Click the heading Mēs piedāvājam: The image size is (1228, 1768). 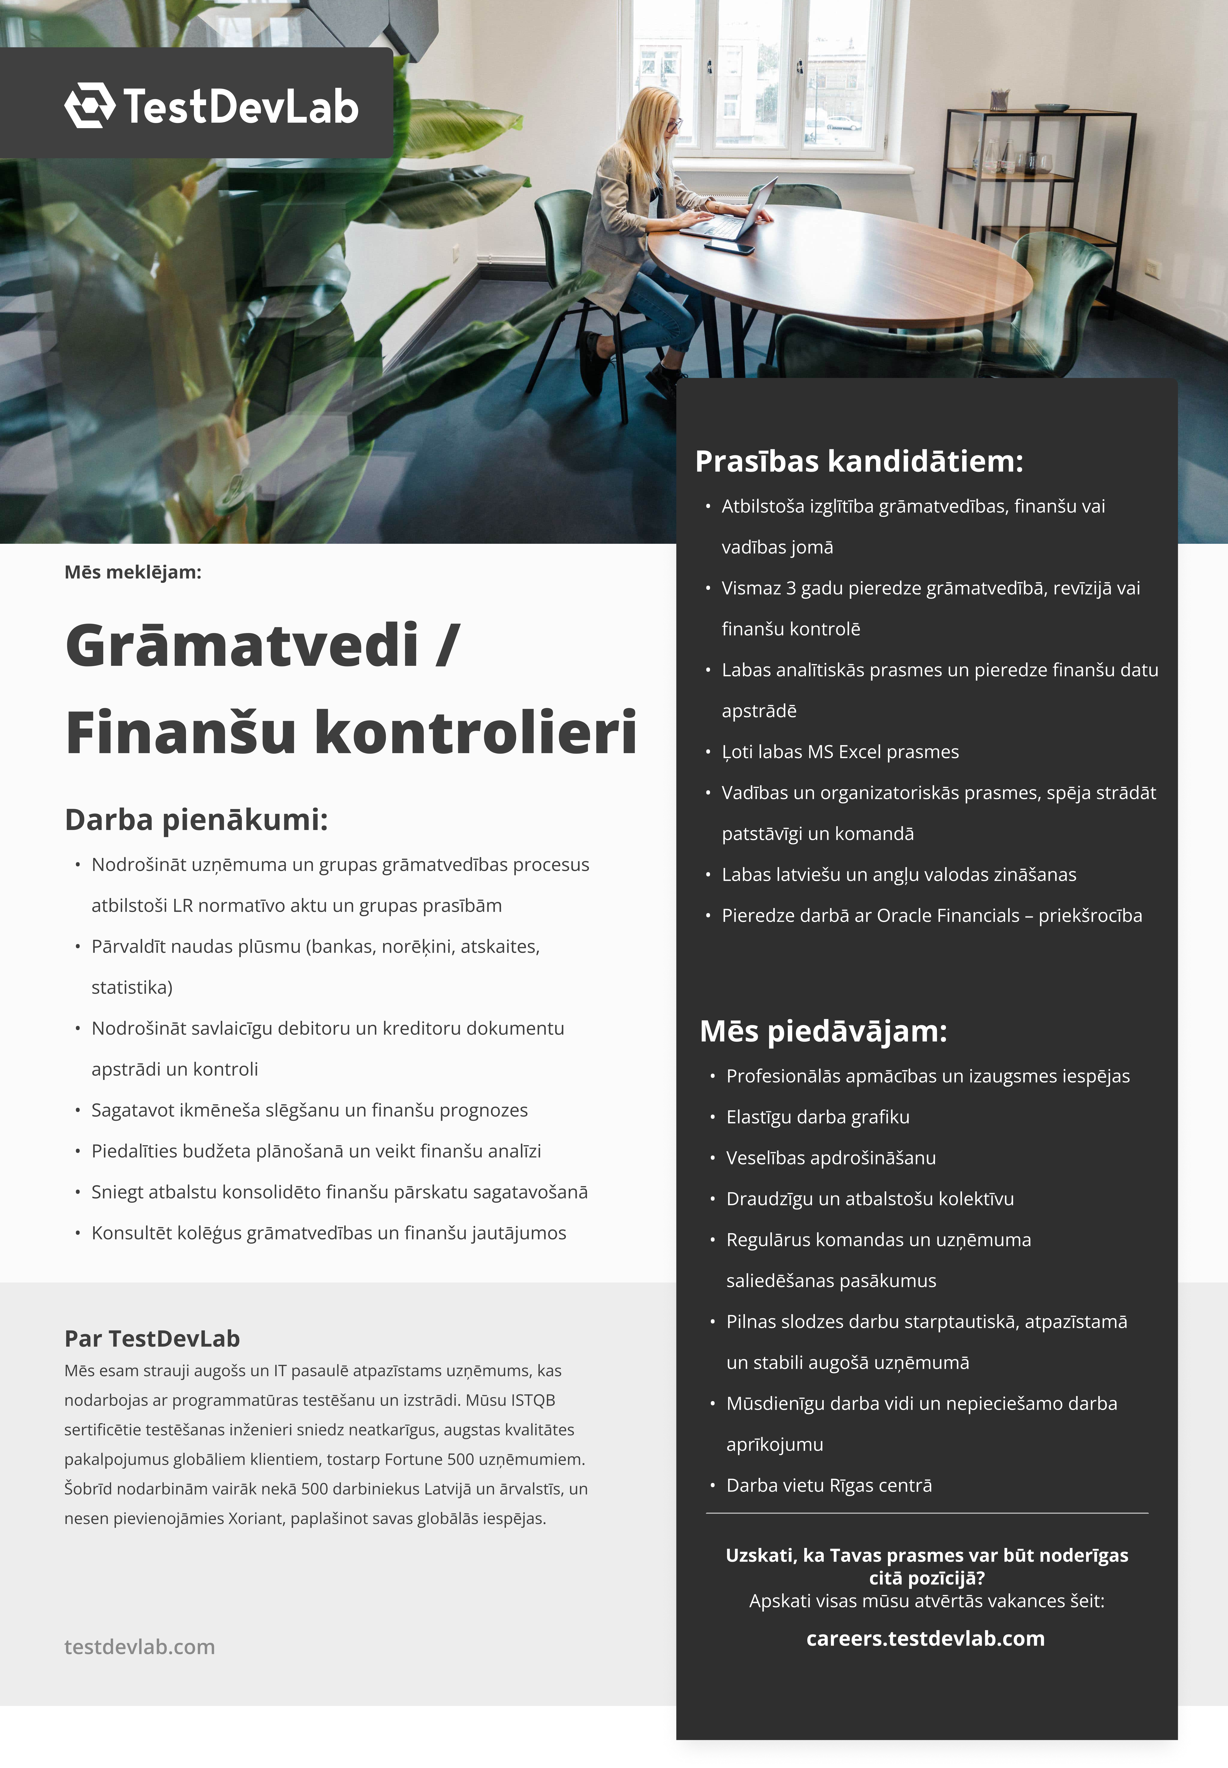click(x=823, y=1031)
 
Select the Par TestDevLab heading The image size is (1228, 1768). click(x=152, y=1339)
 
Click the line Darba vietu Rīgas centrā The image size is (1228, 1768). click(x=829, y=1486)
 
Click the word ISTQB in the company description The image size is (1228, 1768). click(x=532, y=1400)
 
